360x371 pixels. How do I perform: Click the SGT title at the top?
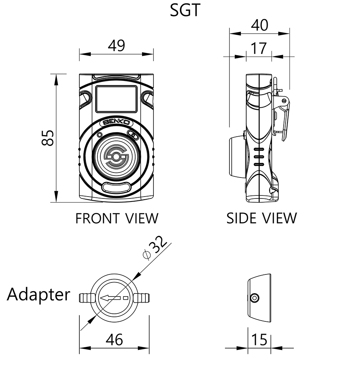(x=185, y=10)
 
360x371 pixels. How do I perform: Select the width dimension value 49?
(x=116, y=45)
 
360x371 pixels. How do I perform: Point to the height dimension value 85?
(x=48, y=137)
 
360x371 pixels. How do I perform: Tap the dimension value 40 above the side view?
(x=260, y=25)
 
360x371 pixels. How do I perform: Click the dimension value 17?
(x=259, y=48)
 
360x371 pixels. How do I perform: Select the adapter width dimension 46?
(x=114, y=340)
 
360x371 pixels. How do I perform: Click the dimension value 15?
(x=259, y=340)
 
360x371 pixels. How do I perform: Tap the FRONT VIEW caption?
(x=117, y=218)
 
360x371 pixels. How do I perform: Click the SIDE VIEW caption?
(x=262, y=218)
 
